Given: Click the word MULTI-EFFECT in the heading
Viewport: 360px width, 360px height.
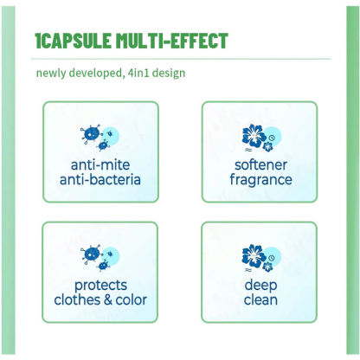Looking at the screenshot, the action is (172, 41).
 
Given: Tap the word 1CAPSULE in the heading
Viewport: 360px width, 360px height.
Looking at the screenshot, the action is (73, 41).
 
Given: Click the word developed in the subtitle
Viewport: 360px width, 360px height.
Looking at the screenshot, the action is (97, 74).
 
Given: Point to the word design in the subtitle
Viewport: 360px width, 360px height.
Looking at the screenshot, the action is (169, 74).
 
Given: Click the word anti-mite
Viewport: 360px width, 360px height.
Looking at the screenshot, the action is (100, 165).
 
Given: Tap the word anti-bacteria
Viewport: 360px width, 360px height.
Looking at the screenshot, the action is (100, 179).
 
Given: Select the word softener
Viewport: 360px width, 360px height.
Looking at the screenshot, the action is (260, 165).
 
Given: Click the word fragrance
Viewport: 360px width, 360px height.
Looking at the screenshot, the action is (260, 180).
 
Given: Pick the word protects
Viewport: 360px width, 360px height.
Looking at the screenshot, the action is (100, 286).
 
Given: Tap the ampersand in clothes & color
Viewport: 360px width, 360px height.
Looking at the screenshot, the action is (108, 300).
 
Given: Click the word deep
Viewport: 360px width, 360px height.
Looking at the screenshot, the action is (260, 286).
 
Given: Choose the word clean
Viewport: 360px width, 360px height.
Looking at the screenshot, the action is (260, 300).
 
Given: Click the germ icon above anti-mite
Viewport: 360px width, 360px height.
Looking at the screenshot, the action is (100, 138).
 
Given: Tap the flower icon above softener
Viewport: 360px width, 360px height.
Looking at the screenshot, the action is (261, 138).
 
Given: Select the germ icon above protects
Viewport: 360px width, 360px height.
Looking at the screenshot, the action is (100, 258).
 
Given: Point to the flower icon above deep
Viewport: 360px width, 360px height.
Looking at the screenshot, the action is (261, 258).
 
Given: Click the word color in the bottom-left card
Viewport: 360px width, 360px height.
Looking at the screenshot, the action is (132, 300).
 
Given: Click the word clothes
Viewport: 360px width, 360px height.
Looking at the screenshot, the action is (77, 300).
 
